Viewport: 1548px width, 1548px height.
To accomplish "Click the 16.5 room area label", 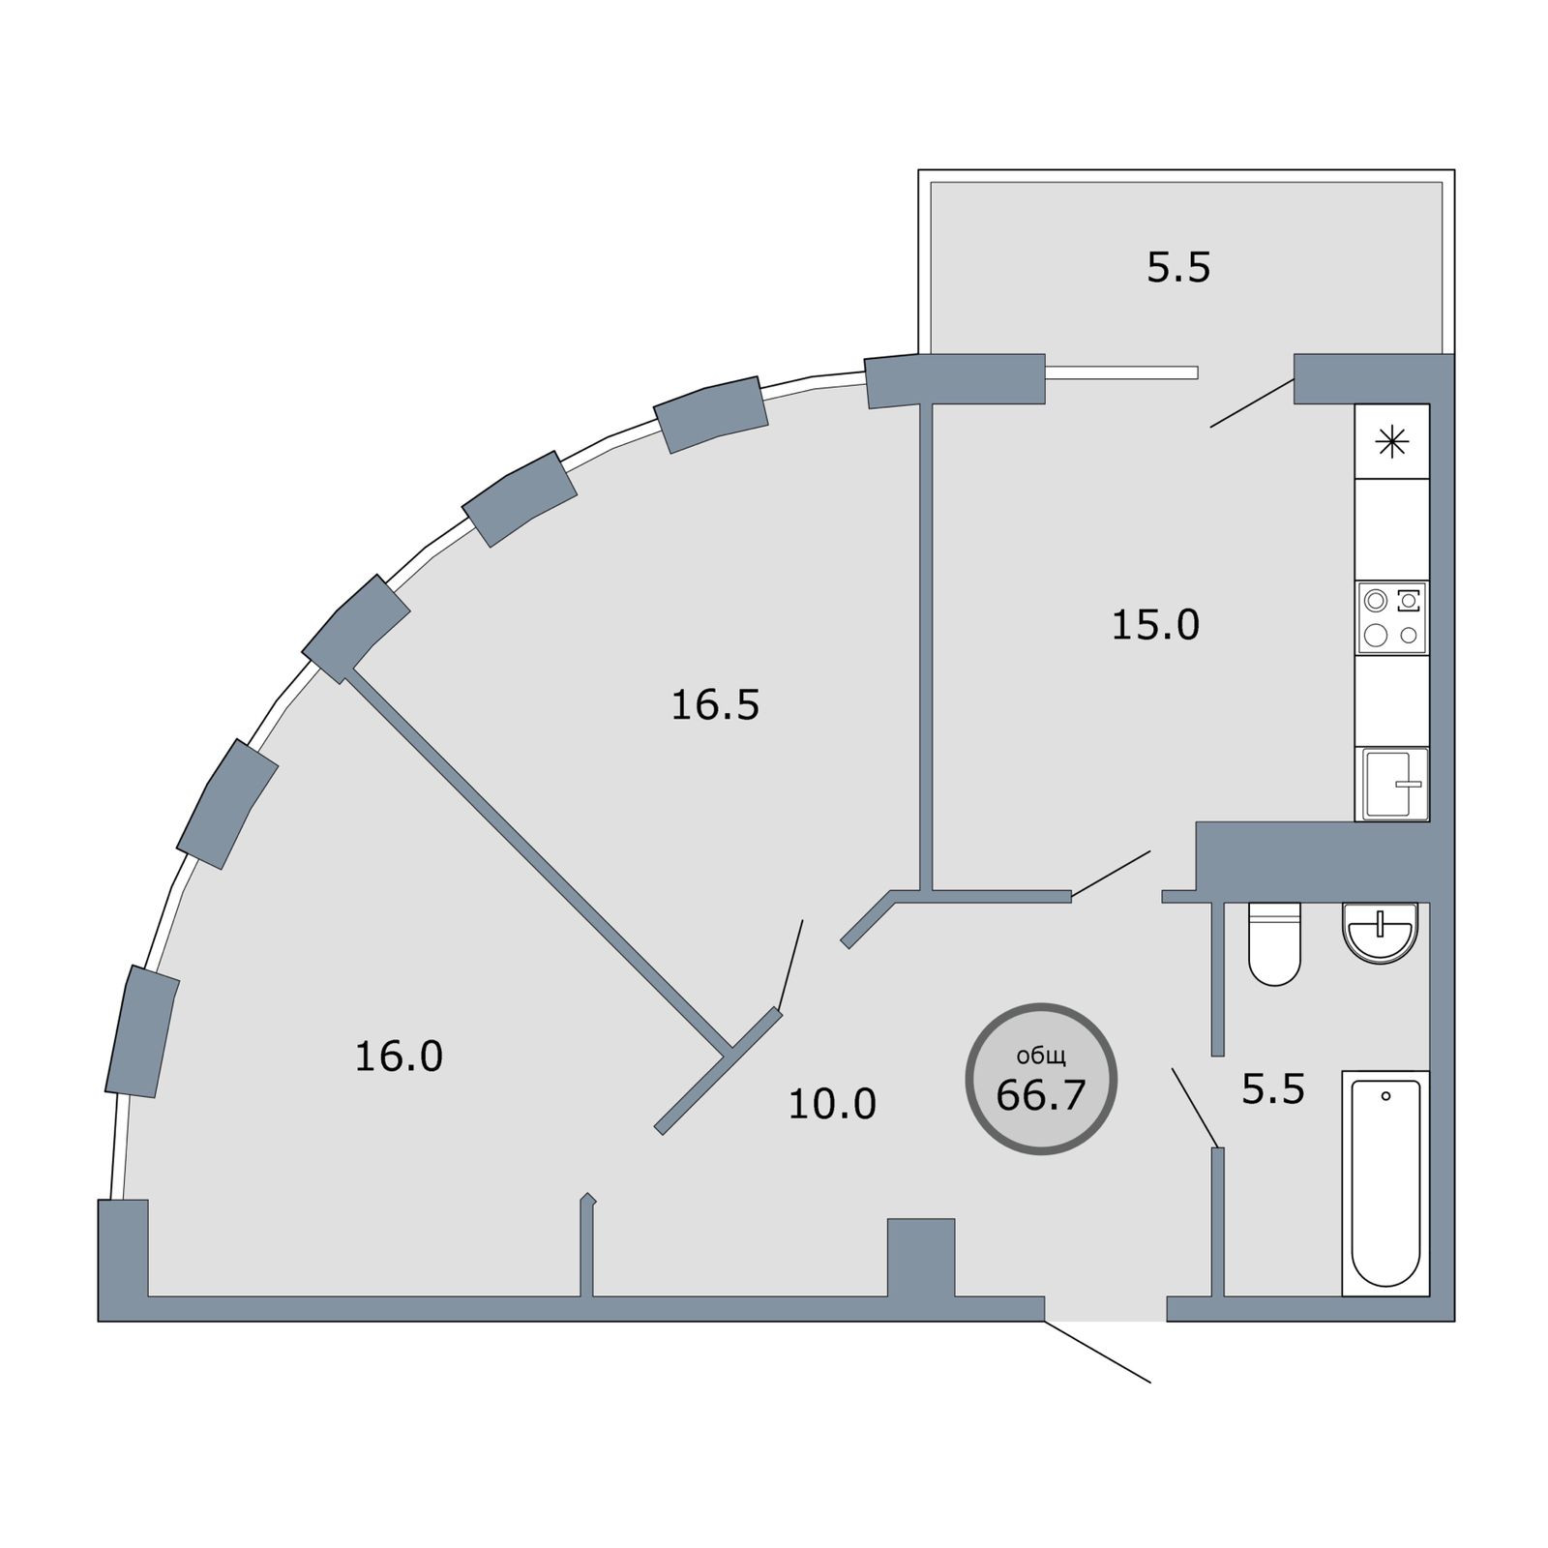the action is pos(715,705).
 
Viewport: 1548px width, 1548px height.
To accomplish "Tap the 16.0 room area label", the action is pos(399,1056).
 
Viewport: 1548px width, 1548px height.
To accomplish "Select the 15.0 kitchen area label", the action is pos(1155,625).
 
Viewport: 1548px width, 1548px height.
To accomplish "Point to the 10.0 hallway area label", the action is pos(832,1103).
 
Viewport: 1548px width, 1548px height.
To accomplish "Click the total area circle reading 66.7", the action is pos(1041,1078).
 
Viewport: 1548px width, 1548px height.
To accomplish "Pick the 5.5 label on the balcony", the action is pos(1178,267).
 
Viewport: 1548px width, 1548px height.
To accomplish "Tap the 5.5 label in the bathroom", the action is pos(1273,1090).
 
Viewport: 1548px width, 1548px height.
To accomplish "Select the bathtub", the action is pos(1385,1182).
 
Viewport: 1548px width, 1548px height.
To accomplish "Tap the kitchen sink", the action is pos(1394,784).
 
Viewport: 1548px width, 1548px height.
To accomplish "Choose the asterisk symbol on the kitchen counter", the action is pos(1392,442).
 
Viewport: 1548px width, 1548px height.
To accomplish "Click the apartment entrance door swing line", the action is pos(1097,1352).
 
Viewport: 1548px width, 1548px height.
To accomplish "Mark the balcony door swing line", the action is pos(1252,402).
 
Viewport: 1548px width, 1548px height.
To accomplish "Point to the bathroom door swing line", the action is pos(1195,1107).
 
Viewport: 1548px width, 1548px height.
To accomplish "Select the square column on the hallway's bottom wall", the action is pos(920,1256).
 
